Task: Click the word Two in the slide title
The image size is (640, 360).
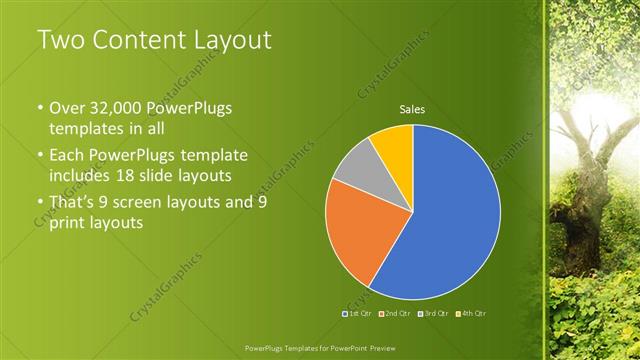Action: tap(60, 41)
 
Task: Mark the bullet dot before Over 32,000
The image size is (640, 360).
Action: tap(40, 108)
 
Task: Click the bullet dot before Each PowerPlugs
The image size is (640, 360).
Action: tap(40, 156)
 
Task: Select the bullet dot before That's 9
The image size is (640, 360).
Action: tap(40, 203)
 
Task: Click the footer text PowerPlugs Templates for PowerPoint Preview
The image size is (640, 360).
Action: tap(319, 347)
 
